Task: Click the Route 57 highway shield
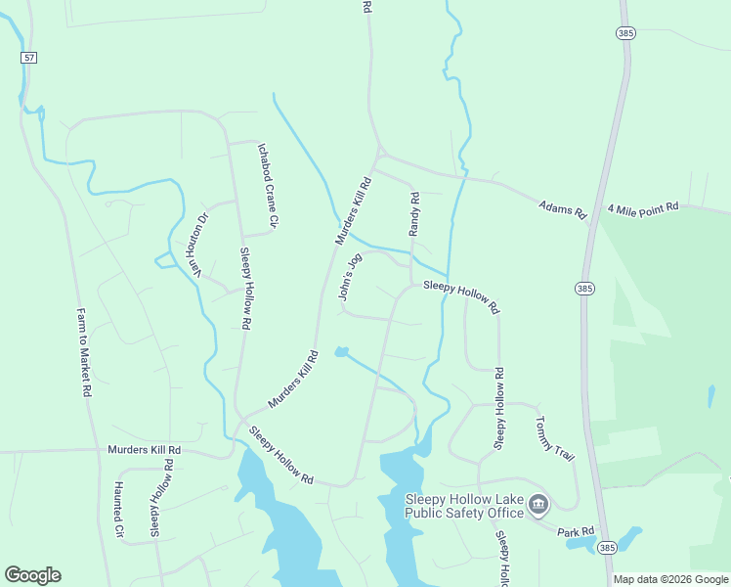tap(29, 59)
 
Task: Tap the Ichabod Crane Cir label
tap(268, 186)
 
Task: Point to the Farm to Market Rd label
tap(84, 352)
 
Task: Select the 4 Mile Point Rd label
tap(643, 208)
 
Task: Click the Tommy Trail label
tap(554, 439)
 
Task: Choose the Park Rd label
tap(576, 532)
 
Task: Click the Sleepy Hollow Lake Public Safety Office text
tap(464, 506)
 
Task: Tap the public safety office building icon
tap(538, 505)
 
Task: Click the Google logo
tap(32, 575)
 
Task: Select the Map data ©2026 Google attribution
tap(670, 579)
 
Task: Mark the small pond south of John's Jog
tap(341, 351)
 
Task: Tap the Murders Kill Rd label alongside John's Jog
tap(354, 210)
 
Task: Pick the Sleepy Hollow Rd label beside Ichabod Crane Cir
tap(246, 288)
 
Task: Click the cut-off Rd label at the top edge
tap(366, 6)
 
